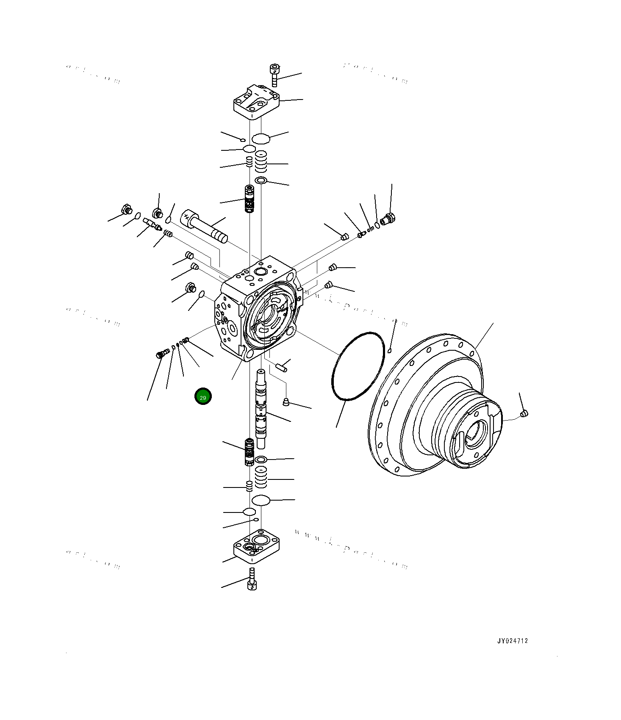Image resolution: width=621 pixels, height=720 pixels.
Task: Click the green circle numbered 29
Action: coord(202,396)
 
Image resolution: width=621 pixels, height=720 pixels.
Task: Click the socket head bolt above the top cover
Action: coord(274,75)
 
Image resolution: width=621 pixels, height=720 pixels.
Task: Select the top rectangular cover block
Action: coord(257,102)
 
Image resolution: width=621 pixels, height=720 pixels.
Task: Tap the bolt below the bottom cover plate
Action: coord(252,580)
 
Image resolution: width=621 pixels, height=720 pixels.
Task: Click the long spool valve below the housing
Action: coord(261,409)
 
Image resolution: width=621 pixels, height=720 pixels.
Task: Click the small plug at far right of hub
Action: coord(524,413)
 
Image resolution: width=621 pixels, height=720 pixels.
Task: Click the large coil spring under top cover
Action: coord(261,161)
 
